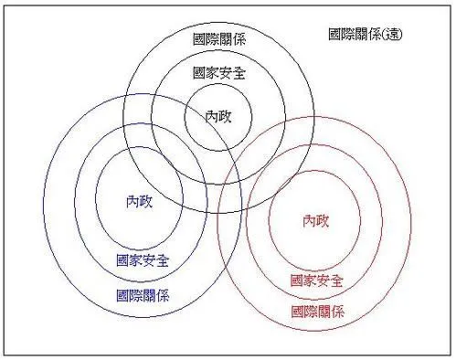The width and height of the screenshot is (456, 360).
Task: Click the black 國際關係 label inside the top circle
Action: point(219,39)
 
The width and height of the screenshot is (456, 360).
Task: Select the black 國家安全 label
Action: point(219,72)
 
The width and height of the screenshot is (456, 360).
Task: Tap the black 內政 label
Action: point(219,116)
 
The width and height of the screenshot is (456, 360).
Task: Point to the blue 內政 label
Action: point(140,201)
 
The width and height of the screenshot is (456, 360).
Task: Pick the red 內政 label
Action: point(315,220)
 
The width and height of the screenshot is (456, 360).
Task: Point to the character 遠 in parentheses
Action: point(395,34)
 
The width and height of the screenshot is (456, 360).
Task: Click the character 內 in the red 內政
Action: point(309,220)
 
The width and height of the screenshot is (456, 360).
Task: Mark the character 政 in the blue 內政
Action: point(146,201)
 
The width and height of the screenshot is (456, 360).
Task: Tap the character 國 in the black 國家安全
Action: point(200,72)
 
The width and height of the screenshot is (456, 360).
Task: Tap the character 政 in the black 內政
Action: point(226,116)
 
